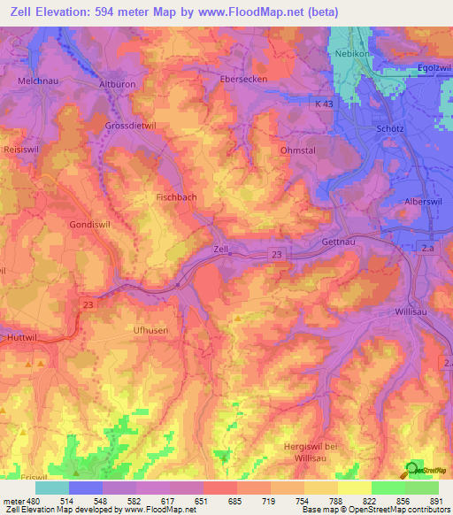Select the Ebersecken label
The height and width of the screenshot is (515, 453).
click(x=244, y=78)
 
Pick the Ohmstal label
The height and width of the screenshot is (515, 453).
click(x=298, y=150)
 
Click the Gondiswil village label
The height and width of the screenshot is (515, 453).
click(x=90, y=225)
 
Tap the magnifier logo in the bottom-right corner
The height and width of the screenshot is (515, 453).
click(x=413, y=470)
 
